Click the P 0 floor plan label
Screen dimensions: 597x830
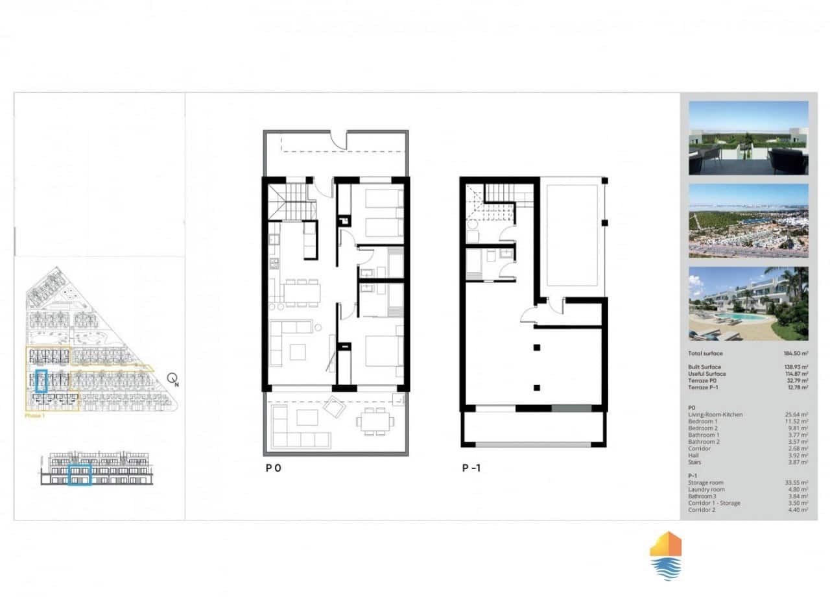[x=273, y=467]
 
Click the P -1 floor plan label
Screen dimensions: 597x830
[x=471, y=467]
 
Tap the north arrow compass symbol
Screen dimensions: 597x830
[x=172, y=379]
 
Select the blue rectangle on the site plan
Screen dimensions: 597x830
[x=41, y=382]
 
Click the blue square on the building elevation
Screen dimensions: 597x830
[x=80, y=474]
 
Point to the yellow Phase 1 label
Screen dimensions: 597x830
[x=34, y=415]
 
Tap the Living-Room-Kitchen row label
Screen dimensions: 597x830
[x=715, y=415]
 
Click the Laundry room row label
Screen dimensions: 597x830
[x=706, y=490]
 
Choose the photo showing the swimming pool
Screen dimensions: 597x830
[x=748, y=304]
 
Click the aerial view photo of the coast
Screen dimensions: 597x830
[x=748, y=221]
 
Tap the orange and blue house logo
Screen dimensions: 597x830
[x=665, y=555]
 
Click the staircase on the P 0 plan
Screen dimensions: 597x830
[x=292, y=201]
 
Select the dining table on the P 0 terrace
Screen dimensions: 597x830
[x=374, y=422]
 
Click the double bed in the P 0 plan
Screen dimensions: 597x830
[x=384, y=350]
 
